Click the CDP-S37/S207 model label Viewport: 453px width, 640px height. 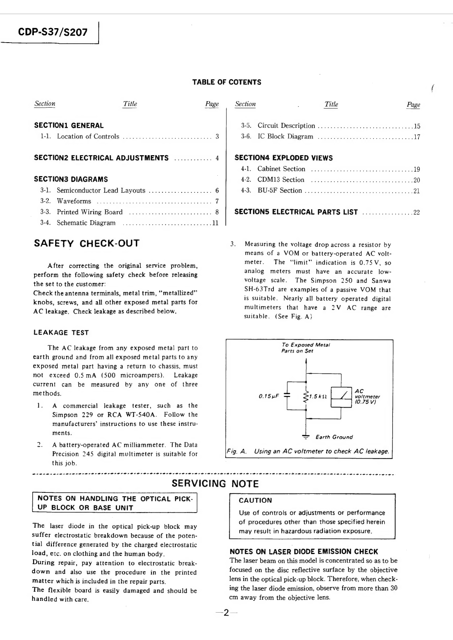53,32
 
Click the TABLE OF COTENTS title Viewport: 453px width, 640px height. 227,82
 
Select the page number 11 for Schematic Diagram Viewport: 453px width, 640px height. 215,223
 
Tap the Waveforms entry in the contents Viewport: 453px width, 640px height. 74,201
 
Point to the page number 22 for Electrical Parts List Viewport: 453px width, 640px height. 416,212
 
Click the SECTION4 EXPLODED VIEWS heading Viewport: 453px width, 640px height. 283,158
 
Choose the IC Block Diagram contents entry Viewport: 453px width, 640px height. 285,137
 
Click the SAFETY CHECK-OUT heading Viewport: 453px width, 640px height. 87,243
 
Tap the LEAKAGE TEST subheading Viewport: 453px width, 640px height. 61,333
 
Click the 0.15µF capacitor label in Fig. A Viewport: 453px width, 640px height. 269,396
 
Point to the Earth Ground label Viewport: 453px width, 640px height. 334,437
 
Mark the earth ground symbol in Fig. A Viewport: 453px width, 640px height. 306,437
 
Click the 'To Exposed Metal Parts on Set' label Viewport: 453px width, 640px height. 306,348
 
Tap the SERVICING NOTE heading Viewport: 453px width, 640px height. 215,484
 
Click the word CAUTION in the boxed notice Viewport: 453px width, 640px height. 255,500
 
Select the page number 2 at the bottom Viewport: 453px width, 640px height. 226,613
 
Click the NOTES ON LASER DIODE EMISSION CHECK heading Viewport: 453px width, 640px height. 304,551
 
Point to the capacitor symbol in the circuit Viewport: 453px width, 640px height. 288,395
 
